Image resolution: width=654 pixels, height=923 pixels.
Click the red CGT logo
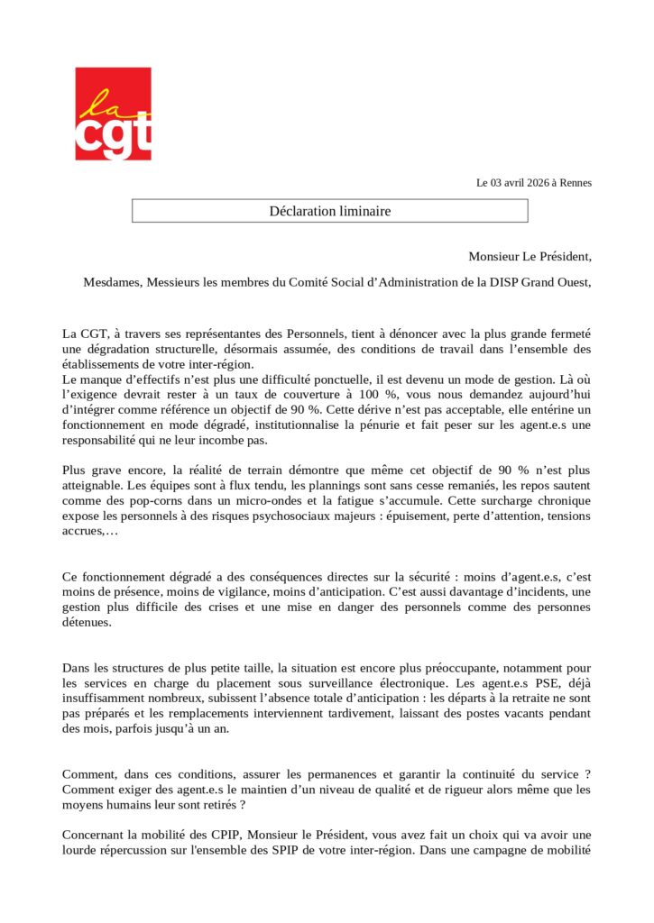[x=113, y=114]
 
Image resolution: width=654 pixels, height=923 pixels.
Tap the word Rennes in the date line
[x=576, y=183]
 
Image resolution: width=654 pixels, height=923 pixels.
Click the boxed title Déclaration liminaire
[x=329, y=211]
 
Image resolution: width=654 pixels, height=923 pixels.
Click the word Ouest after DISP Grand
[x=570, y=282]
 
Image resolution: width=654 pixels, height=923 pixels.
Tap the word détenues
[x=87, y=622]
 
